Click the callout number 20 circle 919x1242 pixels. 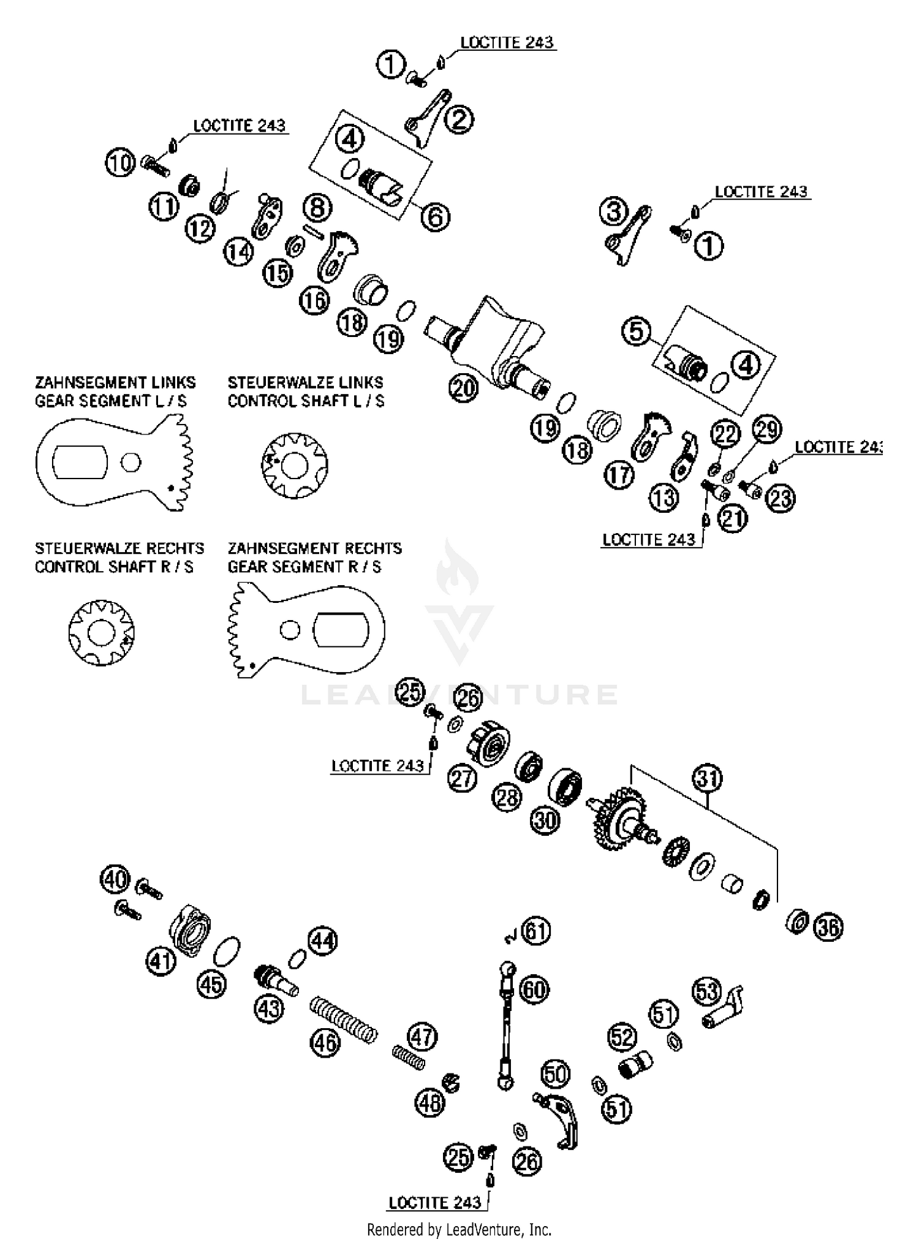coord(463,388)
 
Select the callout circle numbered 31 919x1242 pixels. coord(708,779)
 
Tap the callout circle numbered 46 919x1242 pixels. coord(325,1041)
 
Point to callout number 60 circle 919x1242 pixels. coord(535,990)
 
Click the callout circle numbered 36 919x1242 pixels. coord(828,928)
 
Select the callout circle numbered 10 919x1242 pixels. coord(121,163)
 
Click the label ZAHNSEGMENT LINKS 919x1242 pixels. coord(115,382)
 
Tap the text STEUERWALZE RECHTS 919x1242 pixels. coord(119,548)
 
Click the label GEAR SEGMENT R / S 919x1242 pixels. coord(304,567)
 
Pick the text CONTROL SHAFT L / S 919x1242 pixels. coord(306,401)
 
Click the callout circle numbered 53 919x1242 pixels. coord(707,991)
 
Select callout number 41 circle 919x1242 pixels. coord(161,961)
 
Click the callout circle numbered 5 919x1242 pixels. coord(637,331)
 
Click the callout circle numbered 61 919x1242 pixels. coord(535,931)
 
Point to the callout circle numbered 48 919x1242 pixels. coord(429,1103)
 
